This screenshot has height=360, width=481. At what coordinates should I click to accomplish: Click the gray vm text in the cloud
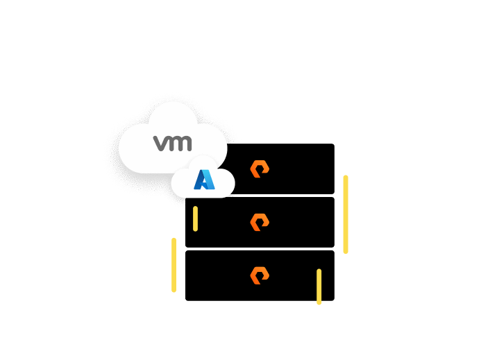tap(173, 144)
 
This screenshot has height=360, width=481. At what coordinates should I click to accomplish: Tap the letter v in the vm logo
tap(161, 144)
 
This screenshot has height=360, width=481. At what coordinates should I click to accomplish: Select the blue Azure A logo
tap(204, 180)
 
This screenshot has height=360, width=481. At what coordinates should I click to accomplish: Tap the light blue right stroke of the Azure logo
tap(209, 182)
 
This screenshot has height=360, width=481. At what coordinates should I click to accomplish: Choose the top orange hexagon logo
tap(260, 169)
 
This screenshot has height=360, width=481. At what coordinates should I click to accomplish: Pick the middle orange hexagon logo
tap(260, 222)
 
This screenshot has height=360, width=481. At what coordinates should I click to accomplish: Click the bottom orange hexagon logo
tap(260, 275)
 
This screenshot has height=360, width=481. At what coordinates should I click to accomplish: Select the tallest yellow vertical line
tap(346, 214)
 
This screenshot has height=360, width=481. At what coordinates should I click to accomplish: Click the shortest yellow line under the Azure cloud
tap(196, 218)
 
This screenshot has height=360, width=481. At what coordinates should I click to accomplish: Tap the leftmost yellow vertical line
tap(174, 265)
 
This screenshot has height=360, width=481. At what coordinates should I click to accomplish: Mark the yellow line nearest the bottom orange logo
tap(319, 286)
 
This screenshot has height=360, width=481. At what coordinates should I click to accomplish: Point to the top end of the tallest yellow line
tap(346, 178)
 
